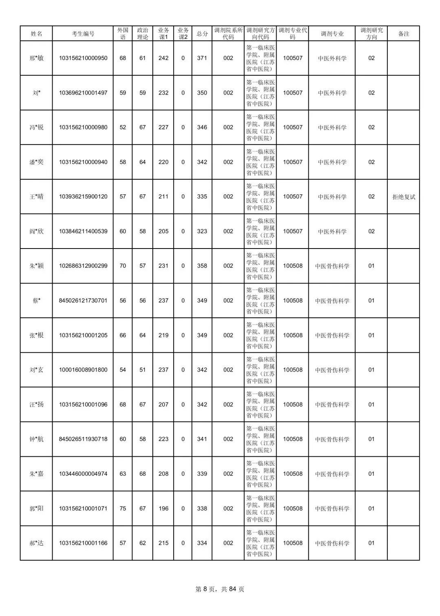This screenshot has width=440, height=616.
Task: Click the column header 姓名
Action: [x=36, y=34]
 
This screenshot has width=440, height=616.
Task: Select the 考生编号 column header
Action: [x=83, y=34]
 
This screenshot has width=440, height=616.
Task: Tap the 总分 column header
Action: [x=202, y=34]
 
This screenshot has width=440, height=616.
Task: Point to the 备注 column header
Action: [x=403, y=34]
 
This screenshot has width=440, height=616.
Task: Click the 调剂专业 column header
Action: [x=332, y=34]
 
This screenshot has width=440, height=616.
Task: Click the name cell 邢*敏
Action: [x=36, y=58]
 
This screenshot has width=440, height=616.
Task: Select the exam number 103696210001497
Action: [x=83, y=93]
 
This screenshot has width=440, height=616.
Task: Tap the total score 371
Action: [x=202, y=58]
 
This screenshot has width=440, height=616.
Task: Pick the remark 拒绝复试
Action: [x=404, y=197]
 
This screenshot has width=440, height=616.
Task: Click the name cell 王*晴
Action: [x=36, y=197]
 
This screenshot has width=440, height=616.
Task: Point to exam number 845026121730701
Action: [x=83, y=301]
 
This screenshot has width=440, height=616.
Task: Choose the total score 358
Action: [x=202, y=266]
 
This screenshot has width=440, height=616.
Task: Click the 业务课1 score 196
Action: [x=163, y=508]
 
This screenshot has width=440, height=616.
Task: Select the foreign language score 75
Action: [x=123, y=508]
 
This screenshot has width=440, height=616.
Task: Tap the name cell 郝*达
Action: [x=36, y=543]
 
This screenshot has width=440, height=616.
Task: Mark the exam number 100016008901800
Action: [x=83, y=370]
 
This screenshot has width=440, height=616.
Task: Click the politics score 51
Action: [x=143, y=370]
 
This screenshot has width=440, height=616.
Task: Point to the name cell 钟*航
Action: [x=36, y=439]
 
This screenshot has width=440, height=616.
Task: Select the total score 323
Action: [x=202, y=231]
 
